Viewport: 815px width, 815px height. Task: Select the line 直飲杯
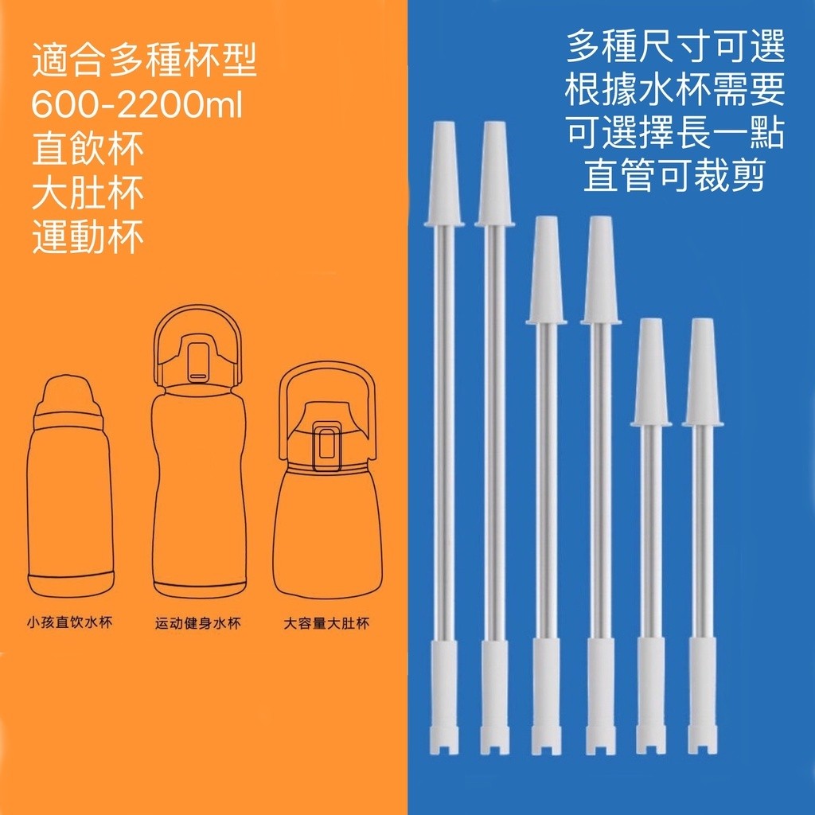pos(88,149)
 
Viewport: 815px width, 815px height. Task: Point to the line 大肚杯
pos(88,193)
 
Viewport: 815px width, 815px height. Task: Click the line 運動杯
pos(88,237)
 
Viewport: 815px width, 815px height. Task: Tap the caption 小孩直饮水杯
pos(70,622)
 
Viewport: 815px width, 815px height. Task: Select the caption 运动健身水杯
pos(198,622)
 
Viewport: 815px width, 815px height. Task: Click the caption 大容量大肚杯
pos(326,622)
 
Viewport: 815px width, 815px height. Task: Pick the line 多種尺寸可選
pos(675,46)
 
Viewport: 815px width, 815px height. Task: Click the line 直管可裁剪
pos(675,176)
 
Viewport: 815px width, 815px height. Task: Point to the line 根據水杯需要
pos(675,89)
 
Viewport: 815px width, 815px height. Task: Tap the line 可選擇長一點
pos(675,133)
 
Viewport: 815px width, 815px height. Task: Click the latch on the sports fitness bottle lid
pos(197,362)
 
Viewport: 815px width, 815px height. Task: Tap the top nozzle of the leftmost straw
pos(443,174)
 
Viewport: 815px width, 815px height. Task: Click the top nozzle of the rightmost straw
pos(702,372)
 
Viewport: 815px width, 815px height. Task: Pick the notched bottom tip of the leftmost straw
pos(443,741)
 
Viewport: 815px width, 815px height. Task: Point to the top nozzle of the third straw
pos(546,271)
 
